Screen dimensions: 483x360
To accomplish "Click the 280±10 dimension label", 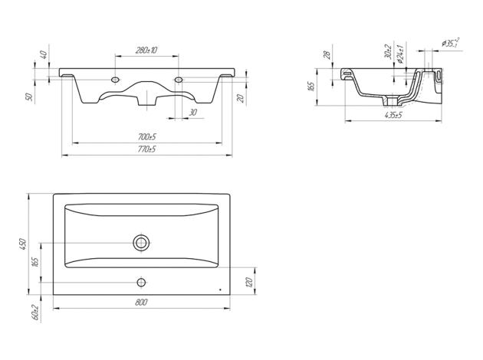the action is click(x=146, y=50).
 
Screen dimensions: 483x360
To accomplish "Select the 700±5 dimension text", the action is click(x=147, y=136).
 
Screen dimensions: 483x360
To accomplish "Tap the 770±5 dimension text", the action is click(x=147, y=149).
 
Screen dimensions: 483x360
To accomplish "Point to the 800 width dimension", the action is click(x=141, y=303).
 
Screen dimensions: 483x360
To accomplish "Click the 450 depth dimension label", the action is click(x=23, y=244).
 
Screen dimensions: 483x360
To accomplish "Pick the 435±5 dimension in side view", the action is click(x=393, y=115).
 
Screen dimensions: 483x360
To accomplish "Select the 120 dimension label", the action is click(x=249, y=282).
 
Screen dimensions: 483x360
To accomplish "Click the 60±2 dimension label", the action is click(x=36, y=313).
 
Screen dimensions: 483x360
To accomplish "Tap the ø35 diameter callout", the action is click(x=451, y=43).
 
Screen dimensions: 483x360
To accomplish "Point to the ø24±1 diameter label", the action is click(x=400, y=54).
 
